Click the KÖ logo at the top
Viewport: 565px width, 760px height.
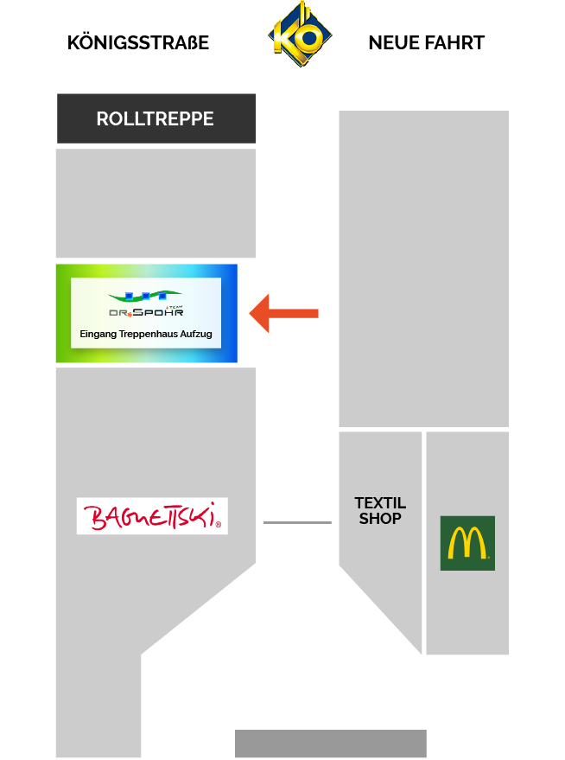[x=300, y=35]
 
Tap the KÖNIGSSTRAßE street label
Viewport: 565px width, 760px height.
[x=138, y=42]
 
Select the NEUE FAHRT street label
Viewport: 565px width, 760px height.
[x=426, y=42]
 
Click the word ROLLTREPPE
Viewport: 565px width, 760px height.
[x=156, y=118]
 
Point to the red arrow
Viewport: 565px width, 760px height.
[x=284, y=313]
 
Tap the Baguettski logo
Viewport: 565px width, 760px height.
[x=152, y=516]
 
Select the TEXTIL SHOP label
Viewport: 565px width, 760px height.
[x=380, y=511]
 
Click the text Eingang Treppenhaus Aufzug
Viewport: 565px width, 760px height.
[x=145, y=334]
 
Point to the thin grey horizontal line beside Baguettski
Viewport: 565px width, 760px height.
[x=297, y=522]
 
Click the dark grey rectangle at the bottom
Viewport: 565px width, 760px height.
[x=331, y=744]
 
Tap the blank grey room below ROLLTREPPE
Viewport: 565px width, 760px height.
[x=156, y=203]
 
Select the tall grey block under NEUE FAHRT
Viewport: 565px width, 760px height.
[x=423, y=268]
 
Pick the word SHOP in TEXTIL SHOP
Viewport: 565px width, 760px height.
[x=380, y=519]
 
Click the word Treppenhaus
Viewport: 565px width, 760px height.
[x=146, y=334]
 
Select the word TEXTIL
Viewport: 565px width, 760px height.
[x=380, y=503]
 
